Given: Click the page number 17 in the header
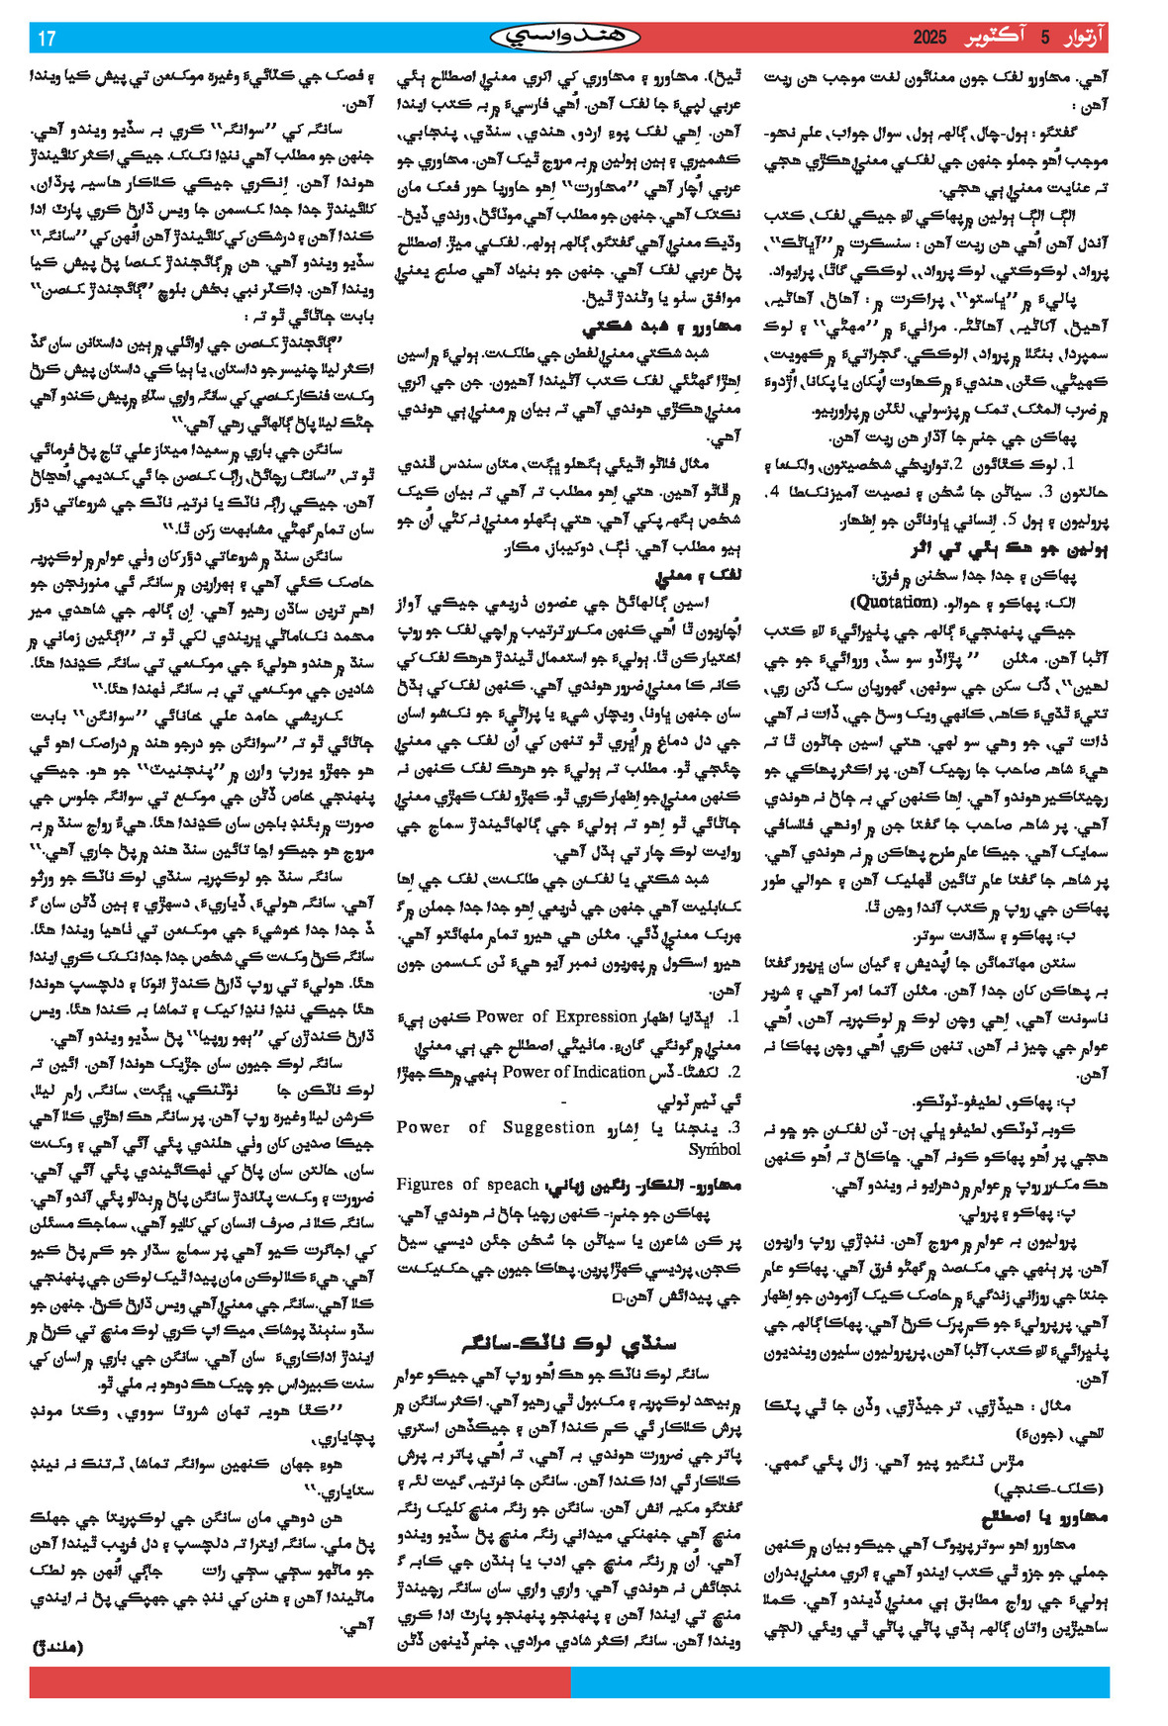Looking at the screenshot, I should (47, 39).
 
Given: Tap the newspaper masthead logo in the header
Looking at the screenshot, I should (565, 38).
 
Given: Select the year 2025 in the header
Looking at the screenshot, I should (930, 39).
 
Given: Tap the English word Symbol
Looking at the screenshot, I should (714, 1149).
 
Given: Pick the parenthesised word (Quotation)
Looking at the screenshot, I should (893, 602).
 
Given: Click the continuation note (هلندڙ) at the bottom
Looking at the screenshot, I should (59, 1647).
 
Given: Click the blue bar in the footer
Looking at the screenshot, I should (840, 1682).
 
